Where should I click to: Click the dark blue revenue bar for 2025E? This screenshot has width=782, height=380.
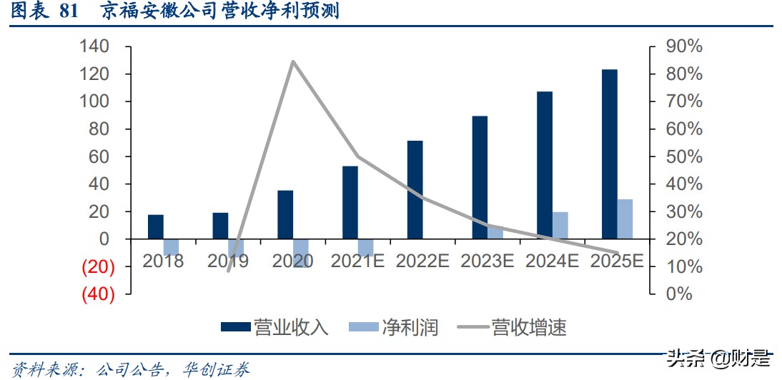click(x=609, y=154)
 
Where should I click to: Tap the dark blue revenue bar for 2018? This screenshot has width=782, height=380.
click(x=156, y=226)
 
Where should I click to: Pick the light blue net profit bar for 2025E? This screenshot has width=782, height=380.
click(x=625, y=219)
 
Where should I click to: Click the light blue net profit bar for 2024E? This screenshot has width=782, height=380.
click(x=560, y=225)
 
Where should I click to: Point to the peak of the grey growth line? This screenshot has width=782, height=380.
click(x=293, y=61)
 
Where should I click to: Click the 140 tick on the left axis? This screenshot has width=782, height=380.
click(x=94, y=47)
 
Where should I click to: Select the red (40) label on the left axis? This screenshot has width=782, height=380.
click(x=99, y=294)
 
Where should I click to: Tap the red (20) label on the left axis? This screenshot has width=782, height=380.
click(x=99, y=266)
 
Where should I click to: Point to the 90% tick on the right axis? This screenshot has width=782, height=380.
click(x=684, y=47)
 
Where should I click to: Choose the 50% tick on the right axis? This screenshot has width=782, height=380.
click(x=684, y=156)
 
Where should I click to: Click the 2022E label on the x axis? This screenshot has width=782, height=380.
click(x=422, y=261)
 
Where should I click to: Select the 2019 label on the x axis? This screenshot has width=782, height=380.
click(x=228, y=261)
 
